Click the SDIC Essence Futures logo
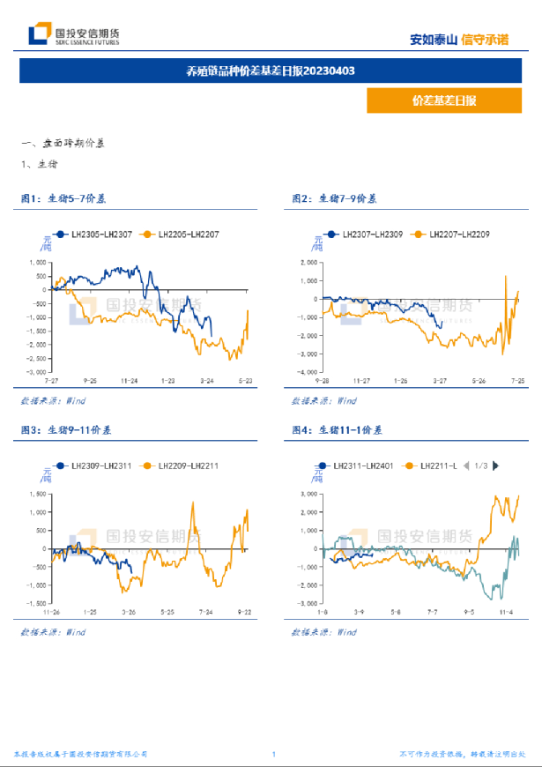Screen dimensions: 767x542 coord(74,35)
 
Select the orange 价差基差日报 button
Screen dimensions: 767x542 coord(444,101)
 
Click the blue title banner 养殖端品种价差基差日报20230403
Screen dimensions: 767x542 coord(271,71)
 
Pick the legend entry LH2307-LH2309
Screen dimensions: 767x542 coord(366,234)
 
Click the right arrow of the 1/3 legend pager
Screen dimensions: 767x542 coord(496,465)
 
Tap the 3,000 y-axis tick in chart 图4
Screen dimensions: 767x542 coord(308,494)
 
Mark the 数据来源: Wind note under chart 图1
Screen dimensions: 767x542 coord(52,401)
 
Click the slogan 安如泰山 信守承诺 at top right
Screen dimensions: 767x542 coord(459,40)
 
